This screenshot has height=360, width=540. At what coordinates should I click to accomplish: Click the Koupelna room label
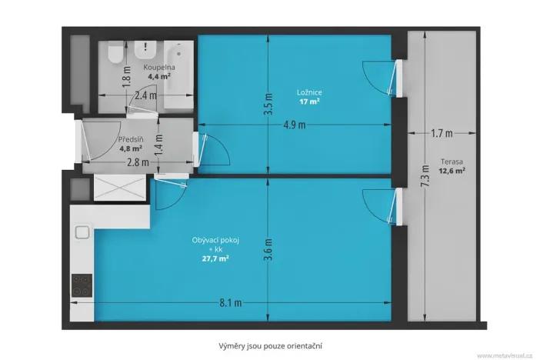coord(159,68)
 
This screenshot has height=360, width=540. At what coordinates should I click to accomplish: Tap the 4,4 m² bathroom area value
coord(159,76)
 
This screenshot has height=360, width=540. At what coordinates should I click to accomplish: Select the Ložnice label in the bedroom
coord(305,92)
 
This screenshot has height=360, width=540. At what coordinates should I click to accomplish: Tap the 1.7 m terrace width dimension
coord(441,134)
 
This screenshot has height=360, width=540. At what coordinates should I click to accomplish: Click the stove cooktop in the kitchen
coord(82,286)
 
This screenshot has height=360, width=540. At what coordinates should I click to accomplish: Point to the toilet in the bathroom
coord(114,53)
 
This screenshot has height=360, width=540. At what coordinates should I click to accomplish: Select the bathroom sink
coord(144,50)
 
